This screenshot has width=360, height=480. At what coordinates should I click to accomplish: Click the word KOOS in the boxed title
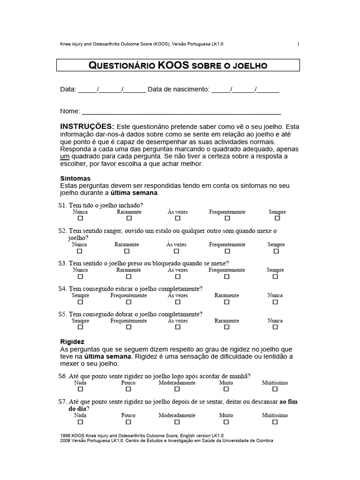173,65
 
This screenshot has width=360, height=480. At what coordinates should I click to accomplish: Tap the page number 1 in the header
298,44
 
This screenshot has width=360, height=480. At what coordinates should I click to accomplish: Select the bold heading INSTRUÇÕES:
87,127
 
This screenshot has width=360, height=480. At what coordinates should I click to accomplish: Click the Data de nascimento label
178,90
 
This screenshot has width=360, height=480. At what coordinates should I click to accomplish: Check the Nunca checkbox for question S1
80,218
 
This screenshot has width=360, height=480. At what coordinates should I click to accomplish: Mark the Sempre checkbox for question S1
277,218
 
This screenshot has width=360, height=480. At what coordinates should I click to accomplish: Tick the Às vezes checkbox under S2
177,251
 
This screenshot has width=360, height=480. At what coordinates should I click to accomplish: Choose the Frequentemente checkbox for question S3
227,277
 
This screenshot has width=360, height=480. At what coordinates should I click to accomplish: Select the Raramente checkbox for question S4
227,302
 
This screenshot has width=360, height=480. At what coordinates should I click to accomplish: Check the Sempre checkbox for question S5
80,327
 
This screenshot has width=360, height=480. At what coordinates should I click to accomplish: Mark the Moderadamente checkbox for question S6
177,389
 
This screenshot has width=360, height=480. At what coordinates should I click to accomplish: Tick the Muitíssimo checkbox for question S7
275,422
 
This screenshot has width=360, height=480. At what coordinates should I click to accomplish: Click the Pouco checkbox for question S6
128,389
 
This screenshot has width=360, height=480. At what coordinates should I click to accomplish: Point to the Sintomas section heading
75,179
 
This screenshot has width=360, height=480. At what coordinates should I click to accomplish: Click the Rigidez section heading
73,342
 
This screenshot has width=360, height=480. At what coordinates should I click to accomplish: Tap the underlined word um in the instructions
66,156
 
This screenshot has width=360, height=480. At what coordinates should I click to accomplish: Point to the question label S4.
63,289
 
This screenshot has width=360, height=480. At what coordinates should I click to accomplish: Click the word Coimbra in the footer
263,441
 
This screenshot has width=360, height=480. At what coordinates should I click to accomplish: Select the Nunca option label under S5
275,321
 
